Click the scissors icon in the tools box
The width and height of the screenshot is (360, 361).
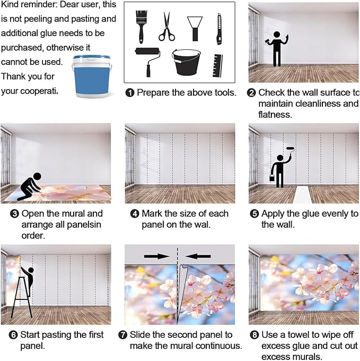[x=167, y=27]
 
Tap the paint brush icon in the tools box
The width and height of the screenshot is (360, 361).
[x=141, y=27]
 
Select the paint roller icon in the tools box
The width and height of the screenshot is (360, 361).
[x=147, y=61]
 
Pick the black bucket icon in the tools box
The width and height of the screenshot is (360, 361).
[x=186, y=62]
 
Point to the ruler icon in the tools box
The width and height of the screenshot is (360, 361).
[x=217, y=66]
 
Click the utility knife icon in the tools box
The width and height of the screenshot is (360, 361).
[x=219, y=29]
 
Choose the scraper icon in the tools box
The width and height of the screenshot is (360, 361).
[x=195, y=29]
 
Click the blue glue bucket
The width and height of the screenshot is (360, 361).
[x=92, y=77]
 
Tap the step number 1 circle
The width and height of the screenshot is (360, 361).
[x=130, y=93]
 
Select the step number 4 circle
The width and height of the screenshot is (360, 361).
[x=135, y=214]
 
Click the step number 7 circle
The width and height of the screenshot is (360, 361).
[x=123, y=334]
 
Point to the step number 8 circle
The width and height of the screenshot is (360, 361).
[x=254, y=334]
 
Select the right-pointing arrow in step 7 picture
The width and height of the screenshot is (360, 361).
[x=156, y=256]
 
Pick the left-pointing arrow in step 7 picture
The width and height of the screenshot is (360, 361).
[x=198, y=256]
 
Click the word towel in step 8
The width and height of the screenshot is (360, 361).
[x=295, y=334]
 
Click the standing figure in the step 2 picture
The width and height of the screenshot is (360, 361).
[x=277, y=49]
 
